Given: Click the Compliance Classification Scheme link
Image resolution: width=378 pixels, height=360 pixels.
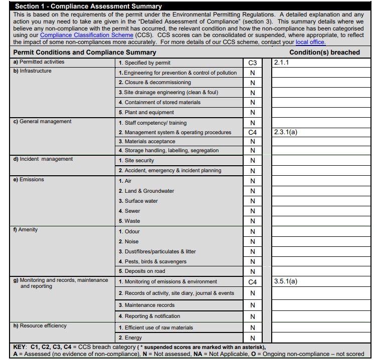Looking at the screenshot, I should tap(87, 36).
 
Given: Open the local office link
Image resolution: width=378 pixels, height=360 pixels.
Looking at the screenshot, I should tap(310, 42).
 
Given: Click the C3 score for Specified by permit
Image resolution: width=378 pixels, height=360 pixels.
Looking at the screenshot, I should tap(252, 63).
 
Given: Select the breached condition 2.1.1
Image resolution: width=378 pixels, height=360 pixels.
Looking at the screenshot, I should tap(282, 63).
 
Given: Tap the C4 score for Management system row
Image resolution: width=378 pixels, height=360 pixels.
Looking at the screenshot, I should tap(252, 133).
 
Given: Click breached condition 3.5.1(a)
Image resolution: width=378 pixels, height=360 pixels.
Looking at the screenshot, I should tap(286, 281).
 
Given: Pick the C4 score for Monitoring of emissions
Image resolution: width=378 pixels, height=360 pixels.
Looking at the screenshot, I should tap(252, 282).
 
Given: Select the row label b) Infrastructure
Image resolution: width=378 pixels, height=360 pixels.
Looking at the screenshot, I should tap(33, 71).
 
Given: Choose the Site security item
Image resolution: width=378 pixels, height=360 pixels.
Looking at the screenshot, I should tap(136, 161).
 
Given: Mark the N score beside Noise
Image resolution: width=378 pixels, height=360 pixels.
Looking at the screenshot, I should tap(252, 242).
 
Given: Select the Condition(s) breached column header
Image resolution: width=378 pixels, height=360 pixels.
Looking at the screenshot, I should tap(324, 52).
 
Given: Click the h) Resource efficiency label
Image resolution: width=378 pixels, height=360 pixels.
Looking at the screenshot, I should tap(40, 326).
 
